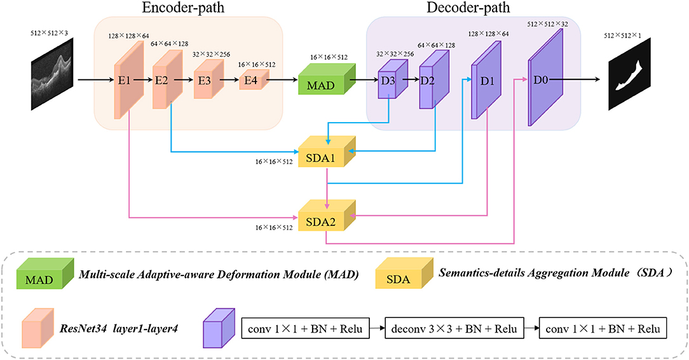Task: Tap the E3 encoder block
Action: click(x=205, y=81)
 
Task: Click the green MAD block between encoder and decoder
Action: click(x=322, y=82)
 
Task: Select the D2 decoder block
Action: click(x=430, y=81)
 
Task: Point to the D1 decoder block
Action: click(x=482, y=81)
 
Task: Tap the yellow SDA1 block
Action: click(x=326, y=155)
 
